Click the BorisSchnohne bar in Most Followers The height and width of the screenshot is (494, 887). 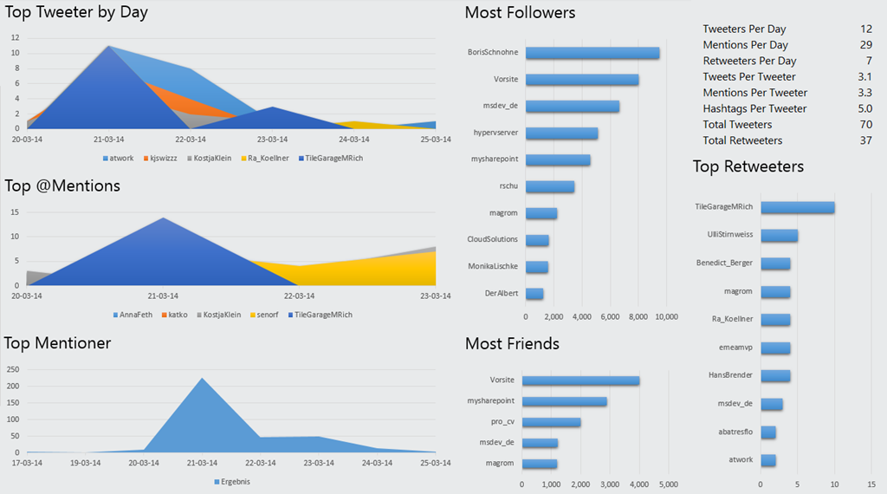pyautogui.click(x=592, y=53)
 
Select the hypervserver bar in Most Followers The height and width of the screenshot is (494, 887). pyautogui.click(x=561, y=133)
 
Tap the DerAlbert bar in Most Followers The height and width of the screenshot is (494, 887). pyautogui.click(x=534, y=294)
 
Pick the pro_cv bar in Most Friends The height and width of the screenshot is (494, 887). pyautogui.click(x=552, y=422)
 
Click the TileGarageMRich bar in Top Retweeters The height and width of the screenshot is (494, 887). pyautogui.click(x=798, y=207)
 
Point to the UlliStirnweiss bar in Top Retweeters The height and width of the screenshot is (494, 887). pyautogui.click(x=779, y=235)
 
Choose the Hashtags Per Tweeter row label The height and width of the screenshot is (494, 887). pyautogui.click(x=754, y=109)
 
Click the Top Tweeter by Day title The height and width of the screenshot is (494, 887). pyautogui.click(x=76, y=12)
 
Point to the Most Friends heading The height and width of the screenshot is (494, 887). pyautogui.click(x=512, y=344)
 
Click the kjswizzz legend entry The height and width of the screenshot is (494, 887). pyautogui.click(x=159, y=159)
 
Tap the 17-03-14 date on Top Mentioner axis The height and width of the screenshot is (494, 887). pyautogui.click(x=27, y=463)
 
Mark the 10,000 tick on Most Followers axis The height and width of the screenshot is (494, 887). pyautogui.click(x=665, y=317)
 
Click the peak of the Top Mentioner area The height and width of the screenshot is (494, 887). pyautogui.click(x=202, y=379)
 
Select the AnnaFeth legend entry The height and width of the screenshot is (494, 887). pyautogui.click(x=133, y=315)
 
